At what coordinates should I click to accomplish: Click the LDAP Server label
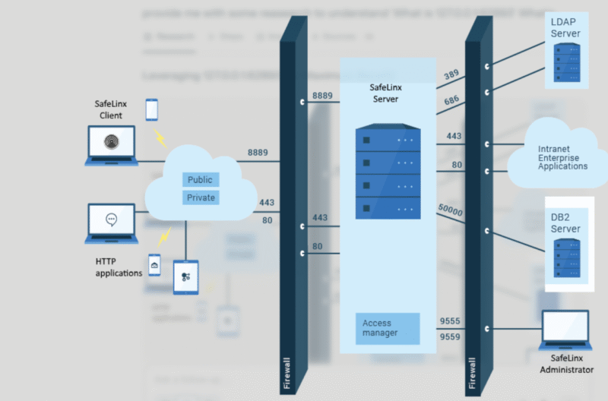coord(565,28)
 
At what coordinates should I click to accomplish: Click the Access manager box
coord(388,328)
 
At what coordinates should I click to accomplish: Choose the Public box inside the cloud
coord(200,180)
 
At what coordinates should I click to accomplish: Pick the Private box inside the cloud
coord(201,197)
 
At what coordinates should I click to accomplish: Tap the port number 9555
coord(451,321)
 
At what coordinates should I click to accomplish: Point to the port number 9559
coord(451,335)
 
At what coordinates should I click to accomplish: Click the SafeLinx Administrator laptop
coord(566,328)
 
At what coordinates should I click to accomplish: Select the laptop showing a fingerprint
coord(111,144)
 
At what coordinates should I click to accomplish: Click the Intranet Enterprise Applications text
coord(562,157)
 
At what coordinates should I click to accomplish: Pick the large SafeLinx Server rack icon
coord(387,173)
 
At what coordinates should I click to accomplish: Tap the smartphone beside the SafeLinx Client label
coord(151,109)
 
